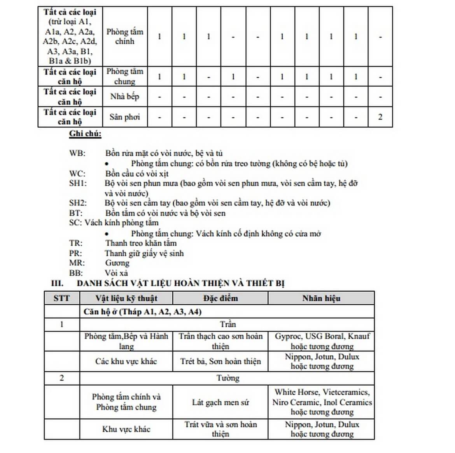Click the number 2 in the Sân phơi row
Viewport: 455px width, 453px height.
(380, 117)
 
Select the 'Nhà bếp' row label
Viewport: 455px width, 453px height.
(124, 97)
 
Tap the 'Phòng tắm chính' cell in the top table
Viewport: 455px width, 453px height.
(124, 37)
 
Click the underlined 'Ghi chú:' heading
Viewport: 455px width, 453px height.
(85, 134)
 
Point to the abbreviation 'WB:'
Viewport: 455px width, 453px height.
(77, 153)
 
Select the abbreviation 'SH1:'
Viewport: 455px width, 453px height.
(78, 183)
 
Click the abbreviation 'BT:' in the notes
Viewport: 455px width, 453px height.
(76, 213)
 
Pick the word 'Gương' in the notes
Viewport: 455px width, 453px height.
(117, 263)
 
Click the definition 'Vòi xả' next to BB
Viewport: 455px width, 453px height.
(116, 273)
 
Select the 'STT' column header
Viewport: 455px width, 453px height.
(61, 298)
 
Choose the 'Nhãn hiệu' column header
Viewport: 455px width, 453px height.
(321, 298)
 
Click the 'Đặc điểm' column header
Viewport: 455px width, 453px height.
(220, 298)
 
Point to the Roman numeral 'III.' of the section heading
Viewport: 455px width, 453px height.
(57, 283)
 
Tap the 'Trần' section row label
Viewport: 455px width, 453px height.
(227, 324)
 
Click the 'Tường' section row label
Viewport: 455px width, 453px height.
(227, 378)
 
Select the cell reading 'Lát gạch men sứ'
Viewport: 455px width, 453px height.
(220, 402)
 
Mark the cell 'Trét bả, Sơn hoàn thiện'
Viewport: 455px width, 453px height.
(220, 361)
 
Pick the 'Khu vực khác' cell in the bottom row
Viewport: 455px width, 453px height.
(126, 429)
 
